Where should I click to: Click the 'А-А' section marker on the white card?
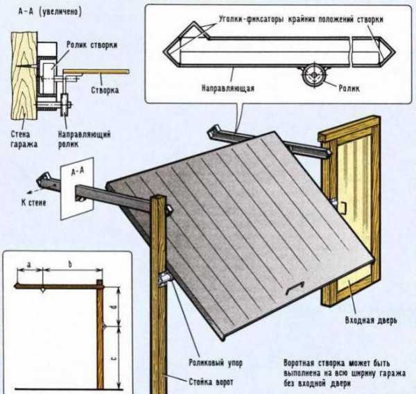tap(74, 176)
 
